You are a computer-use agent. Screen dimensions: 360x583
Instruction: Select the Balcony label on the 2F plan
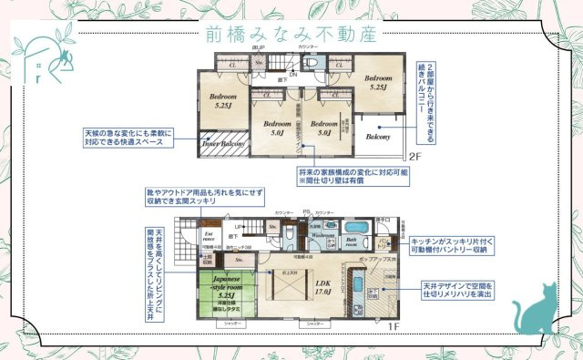click(x=378, y=136)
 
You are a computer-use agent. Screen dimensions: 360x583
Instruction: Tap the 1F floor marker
click(x=394, y=325)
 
